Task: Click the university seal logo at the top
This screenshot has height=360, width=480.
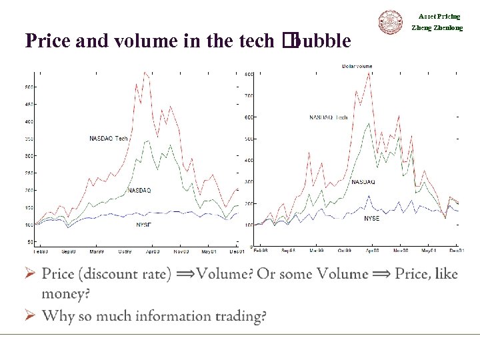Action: point(391,23)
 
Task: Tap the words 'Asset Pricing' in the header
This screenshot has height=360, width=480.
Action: point(439,17)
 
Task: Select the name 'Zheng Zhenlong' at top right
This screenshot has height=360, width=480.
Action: point(437,28)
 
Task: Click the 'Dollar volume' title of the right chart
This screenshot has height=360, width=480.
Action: point(357,66)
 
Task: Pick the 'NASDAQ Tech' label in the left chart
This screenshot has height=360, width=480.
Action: point(108,139)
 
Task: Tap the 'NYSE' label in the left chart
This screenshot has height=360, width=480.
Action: point(143,225)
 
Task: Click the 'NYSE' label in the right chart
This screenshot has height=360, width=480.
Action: point(371,219)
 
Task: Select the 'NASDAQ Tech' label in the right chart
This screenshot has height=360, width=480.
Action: point(329,117)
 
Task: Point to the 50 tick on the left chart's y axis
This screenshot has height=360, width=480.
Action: point(30,242)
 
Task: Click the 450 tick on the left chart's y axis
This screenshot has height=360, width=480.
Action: point(29,104)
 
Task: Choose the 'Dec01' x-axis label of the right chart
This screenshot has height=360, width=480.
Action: point(457,251)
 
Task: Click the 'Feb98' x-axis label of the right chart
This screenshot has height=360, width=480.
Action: point(261,251)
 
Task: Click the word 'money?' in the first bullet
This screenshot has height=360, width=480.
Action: point(65,293)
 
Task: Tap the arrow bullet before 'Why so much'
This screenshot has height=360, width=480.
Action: point(29,315)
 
